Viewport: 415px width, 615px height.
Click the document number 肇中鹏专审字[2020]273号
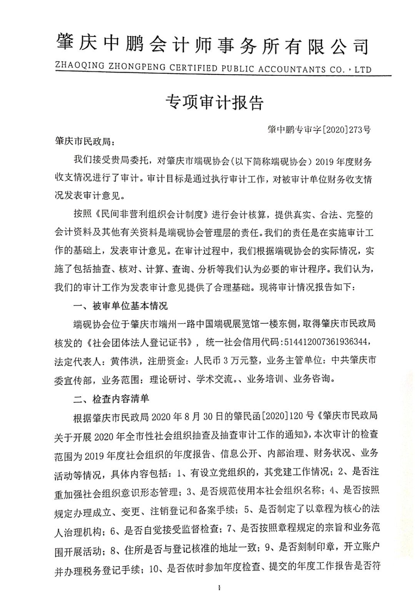[x=319, y=130]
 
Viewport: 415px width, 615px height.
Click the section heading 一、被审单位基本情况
[x=120, y=306]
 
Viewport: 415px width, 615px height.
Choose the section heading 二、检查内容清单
[x=111, y=399]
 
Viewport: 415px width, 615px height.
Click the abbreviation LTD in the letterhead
[x=363, y=70]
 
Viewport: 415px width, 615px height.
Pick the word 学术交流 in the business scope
[x=214, y=379]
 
